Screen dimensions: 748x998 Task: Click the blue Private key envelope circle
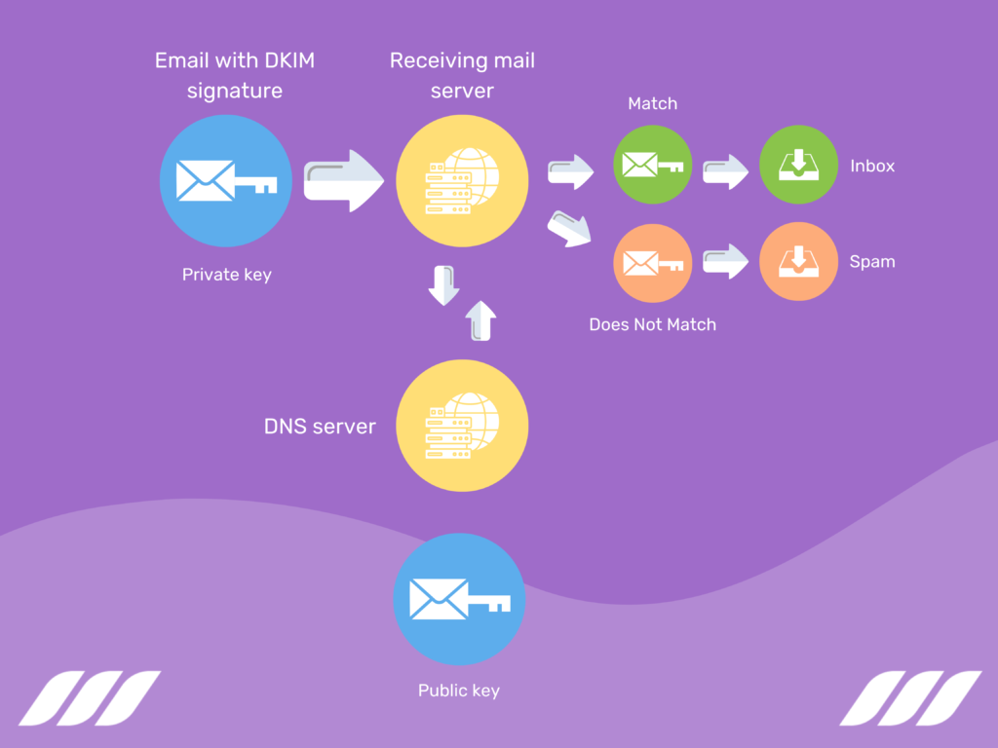pyautogui.click(x=226, y=181)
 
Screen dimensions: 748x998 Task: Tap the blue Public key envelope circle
pyautogui.click(x=459, y=599)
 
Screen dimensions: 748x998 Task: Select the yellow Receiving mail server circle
pyautogui.click(x=462, y=180)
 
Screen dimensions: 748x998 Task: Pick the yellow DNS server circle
pyautogui.click(x=462, y=427)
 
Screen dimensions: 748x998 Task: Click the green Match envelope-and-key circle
pyautogui.click(x=653, y=165)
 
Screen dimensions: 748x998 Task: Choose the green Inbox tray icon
pyautogui.click(x=798, y=165)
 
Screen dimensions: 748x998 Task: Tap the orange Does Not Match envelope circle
pyautogui.click(x=653, y=262)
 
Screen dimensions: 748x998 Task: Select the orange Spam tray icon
pyautogui.click(x=798, y=262)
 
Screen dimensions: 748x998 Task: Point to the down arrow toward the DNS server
pyautogui.click(x=444, y=284)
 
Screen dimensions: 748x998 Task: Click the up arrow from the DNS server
pyautogui.click(x=481, y=319)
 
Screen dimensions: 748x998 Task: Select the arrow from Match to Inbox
pyautogui.click(x=725, y=170)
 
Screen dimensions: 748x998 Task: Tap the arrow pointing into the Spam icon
pyautogui.click(x=725, y=261)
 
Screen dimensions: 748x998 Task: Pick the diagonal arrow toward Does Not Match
pyautogui.click(x=569, y=228)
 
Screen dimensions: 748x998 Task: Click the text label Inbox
pyautogui.click(x=871, y=166)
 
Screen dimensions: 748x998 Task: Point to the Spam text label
pyautogui.click(x=871, y=262)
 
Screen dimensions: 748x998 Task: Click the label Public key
pyautogui.click(x=458, y=691)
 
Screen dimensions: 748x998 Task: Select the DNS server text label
pyautogui.click(x=320, y=427)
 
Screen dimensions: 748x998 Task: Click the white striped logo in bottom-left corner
pyautogui.click(x=90, y=697)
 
